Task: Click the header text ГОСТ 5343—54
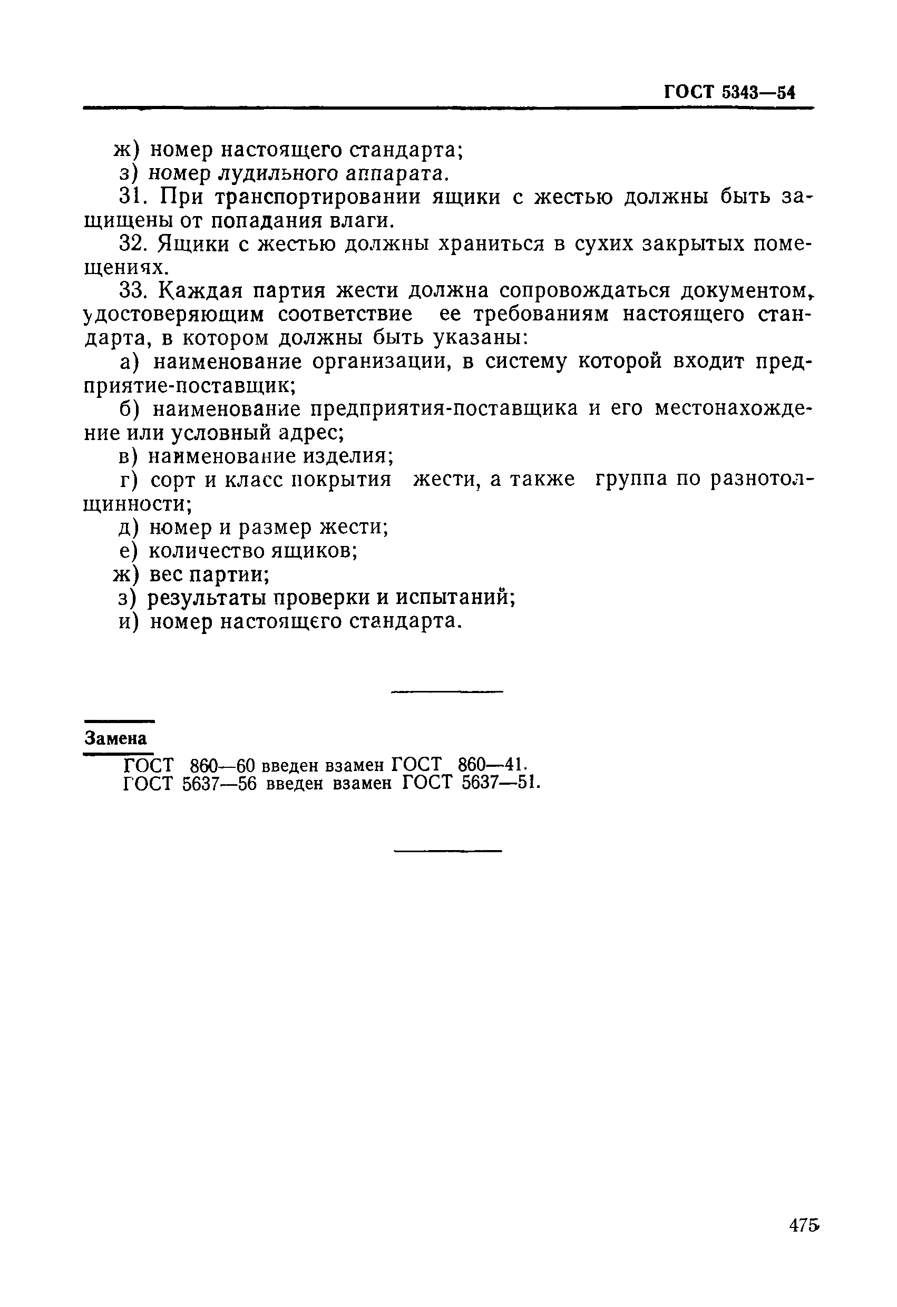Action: pos(729,92)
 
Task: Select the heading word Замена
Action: pos(116,738)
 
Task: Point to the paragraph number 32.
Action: pos(135,244)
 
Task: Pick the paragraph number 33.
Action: pos(135,291)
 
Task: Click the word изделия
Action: pos(347,456)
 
